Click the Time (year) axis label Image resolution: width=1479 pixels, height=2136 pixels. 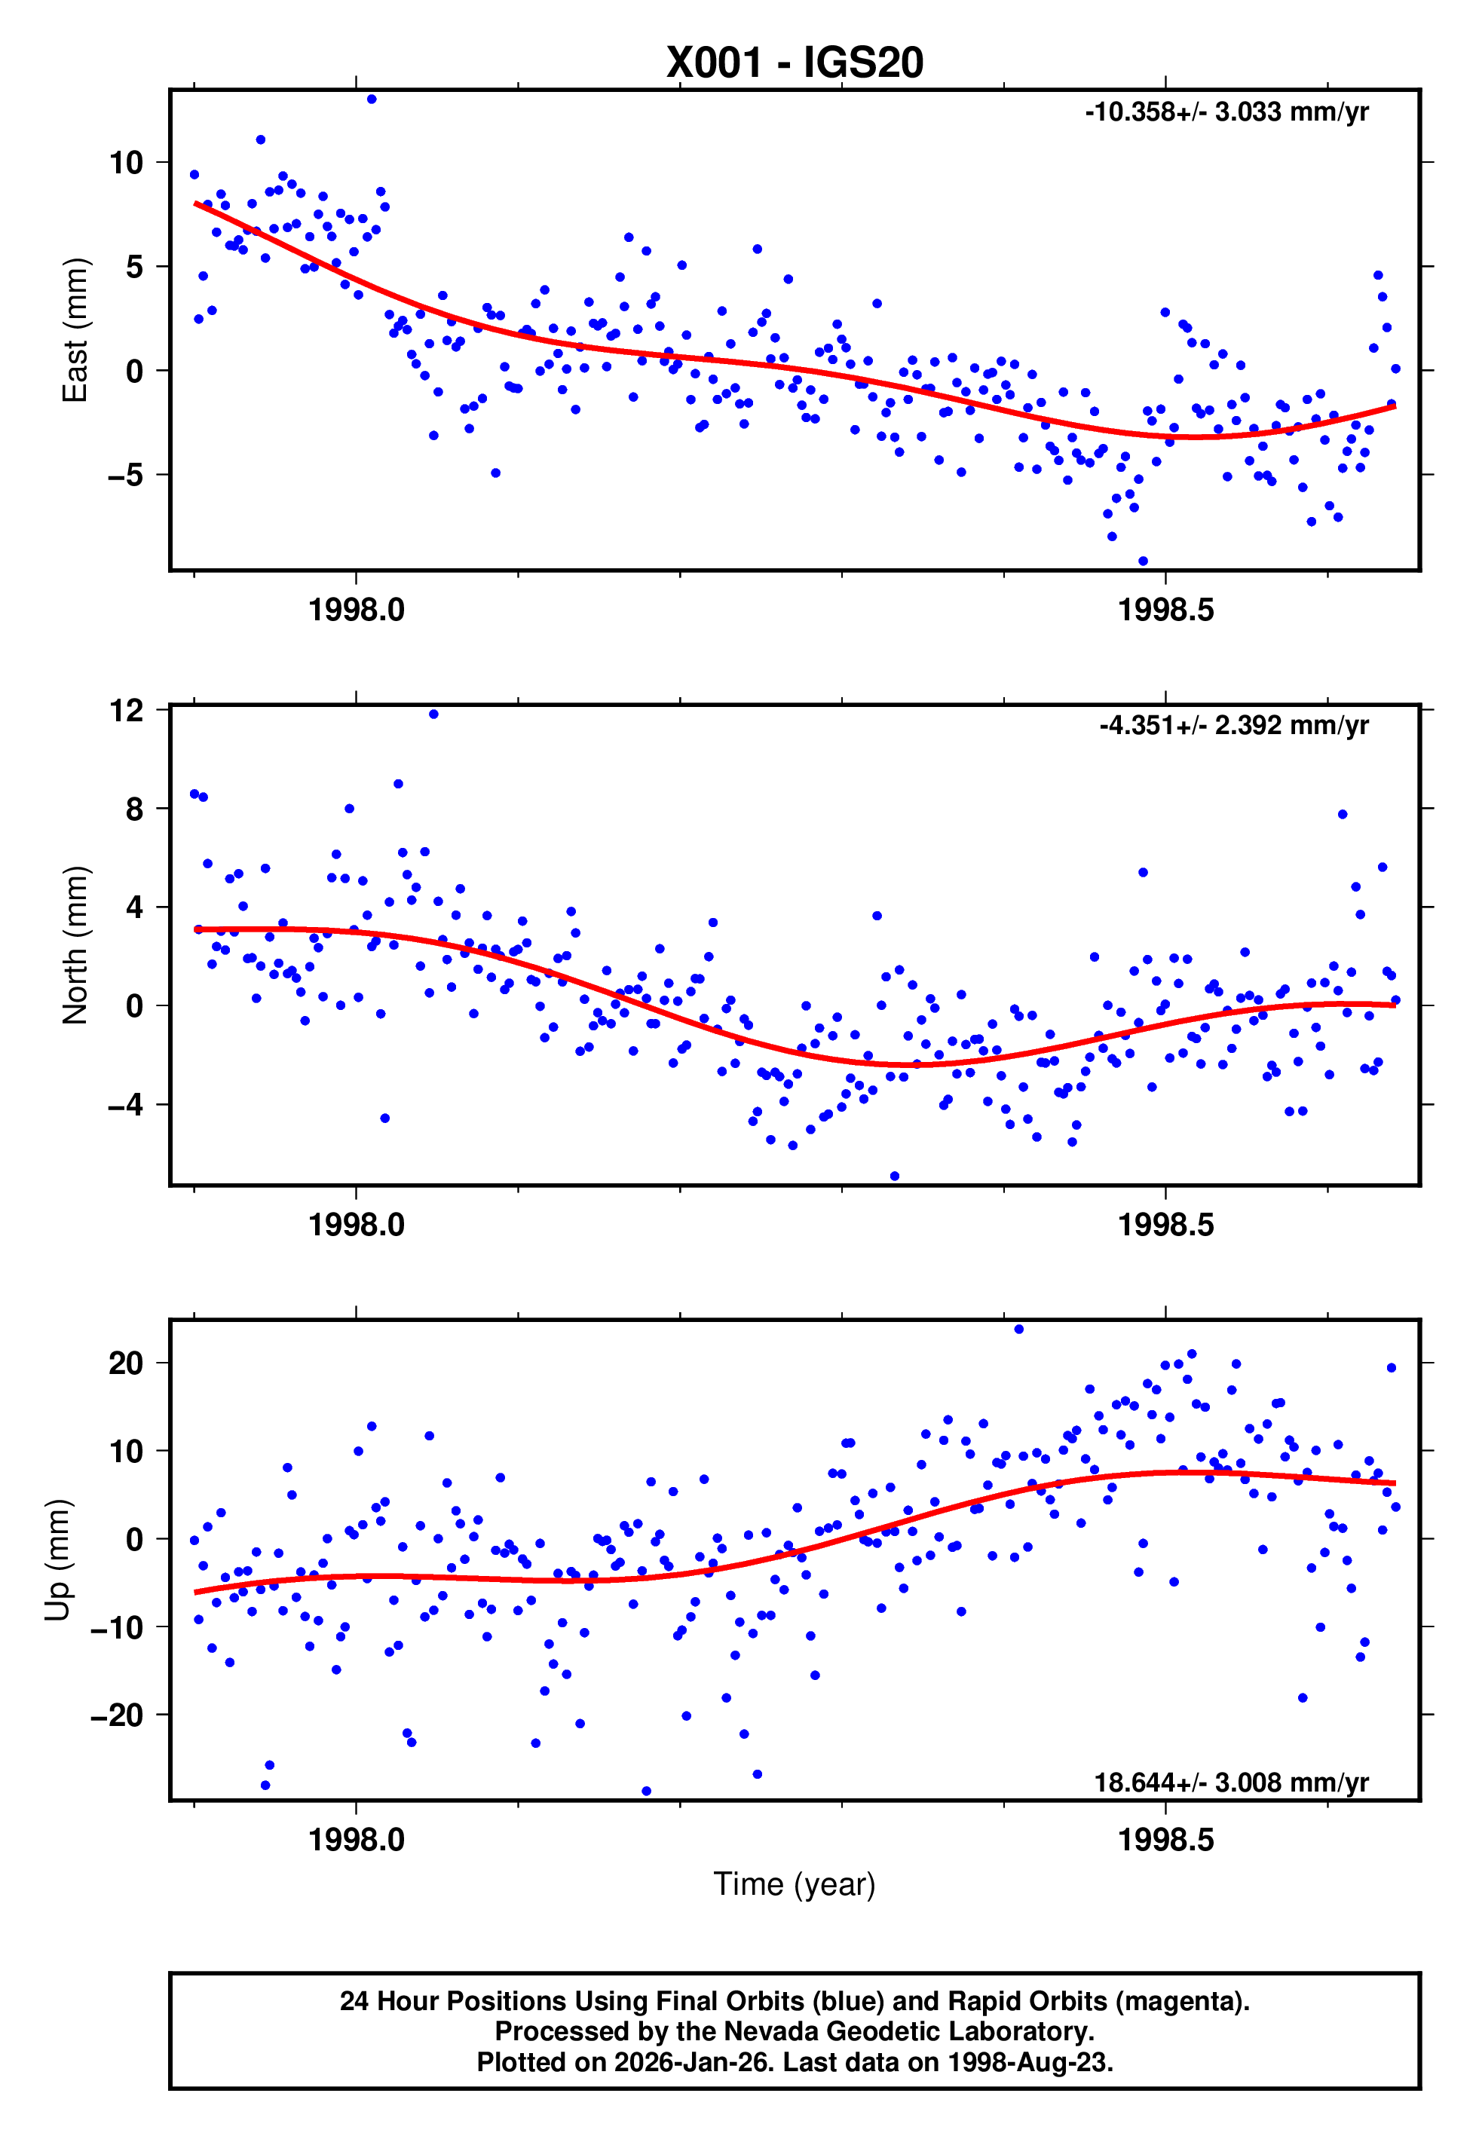tap(795, 1884)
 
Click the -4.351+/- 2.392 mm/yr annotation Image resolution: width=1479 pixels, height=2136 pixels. tap(1233, 725)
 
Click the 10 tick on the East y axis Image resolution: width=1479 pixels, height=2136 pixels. tap(126, 163)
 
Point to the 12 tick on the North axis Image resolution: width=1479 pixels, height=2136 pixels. tap(126, 711)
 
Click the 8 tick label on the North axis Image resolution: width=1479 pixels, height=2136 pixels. tap(134, 809)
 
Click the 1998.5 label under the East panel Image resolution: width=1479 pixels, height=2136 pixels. tap(1165, 611)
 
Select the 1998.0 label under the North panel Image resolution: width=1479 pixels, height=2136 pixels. tap(356, 1226)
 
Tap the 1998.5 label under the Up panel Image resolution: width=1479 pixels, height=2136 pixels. tap(1165, 1840)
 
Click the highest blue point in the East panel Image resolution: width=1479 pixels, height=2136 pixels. tap(372, 99)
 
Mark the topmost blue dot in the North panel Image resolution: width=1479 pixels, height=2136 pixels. tap(433, 715)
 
